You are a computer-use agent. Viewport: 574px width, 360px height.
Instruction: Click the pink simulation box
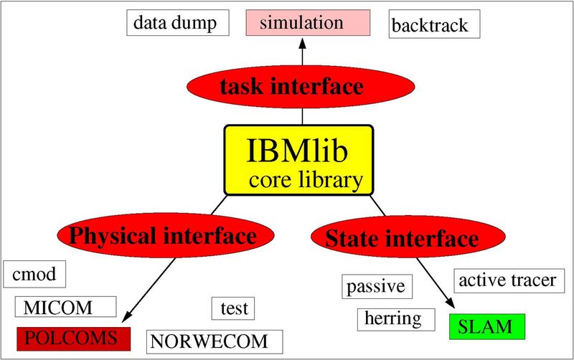[x=308, y=22]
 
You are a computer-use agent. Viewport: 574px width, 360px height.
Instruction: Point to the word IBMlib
[x=299, y=150]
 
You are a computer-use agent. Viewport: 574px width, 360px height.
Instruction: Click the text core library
[x=306, y=179]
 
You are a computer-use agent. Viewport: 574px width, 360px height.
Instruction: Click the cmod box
[x=34, y=274]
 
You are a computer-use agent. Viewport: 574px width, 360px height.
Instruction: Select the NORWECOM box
[x=215, y=341]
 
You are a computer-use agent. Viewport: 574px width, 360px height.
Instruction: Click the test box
[x=233, y=308]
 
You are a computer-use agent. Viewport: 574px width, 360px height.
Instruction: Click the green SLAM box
[x=487, y=327]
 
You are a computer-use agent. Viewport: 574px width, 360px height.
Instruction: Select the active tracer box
[x=507, y=279]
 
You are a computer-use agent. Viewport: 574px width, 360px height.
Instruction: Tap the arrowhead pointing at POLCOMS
[x=128, y=315]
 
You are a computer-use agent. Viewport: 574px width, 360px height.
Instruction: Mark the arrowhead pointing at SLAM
[x=452, y=308]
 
